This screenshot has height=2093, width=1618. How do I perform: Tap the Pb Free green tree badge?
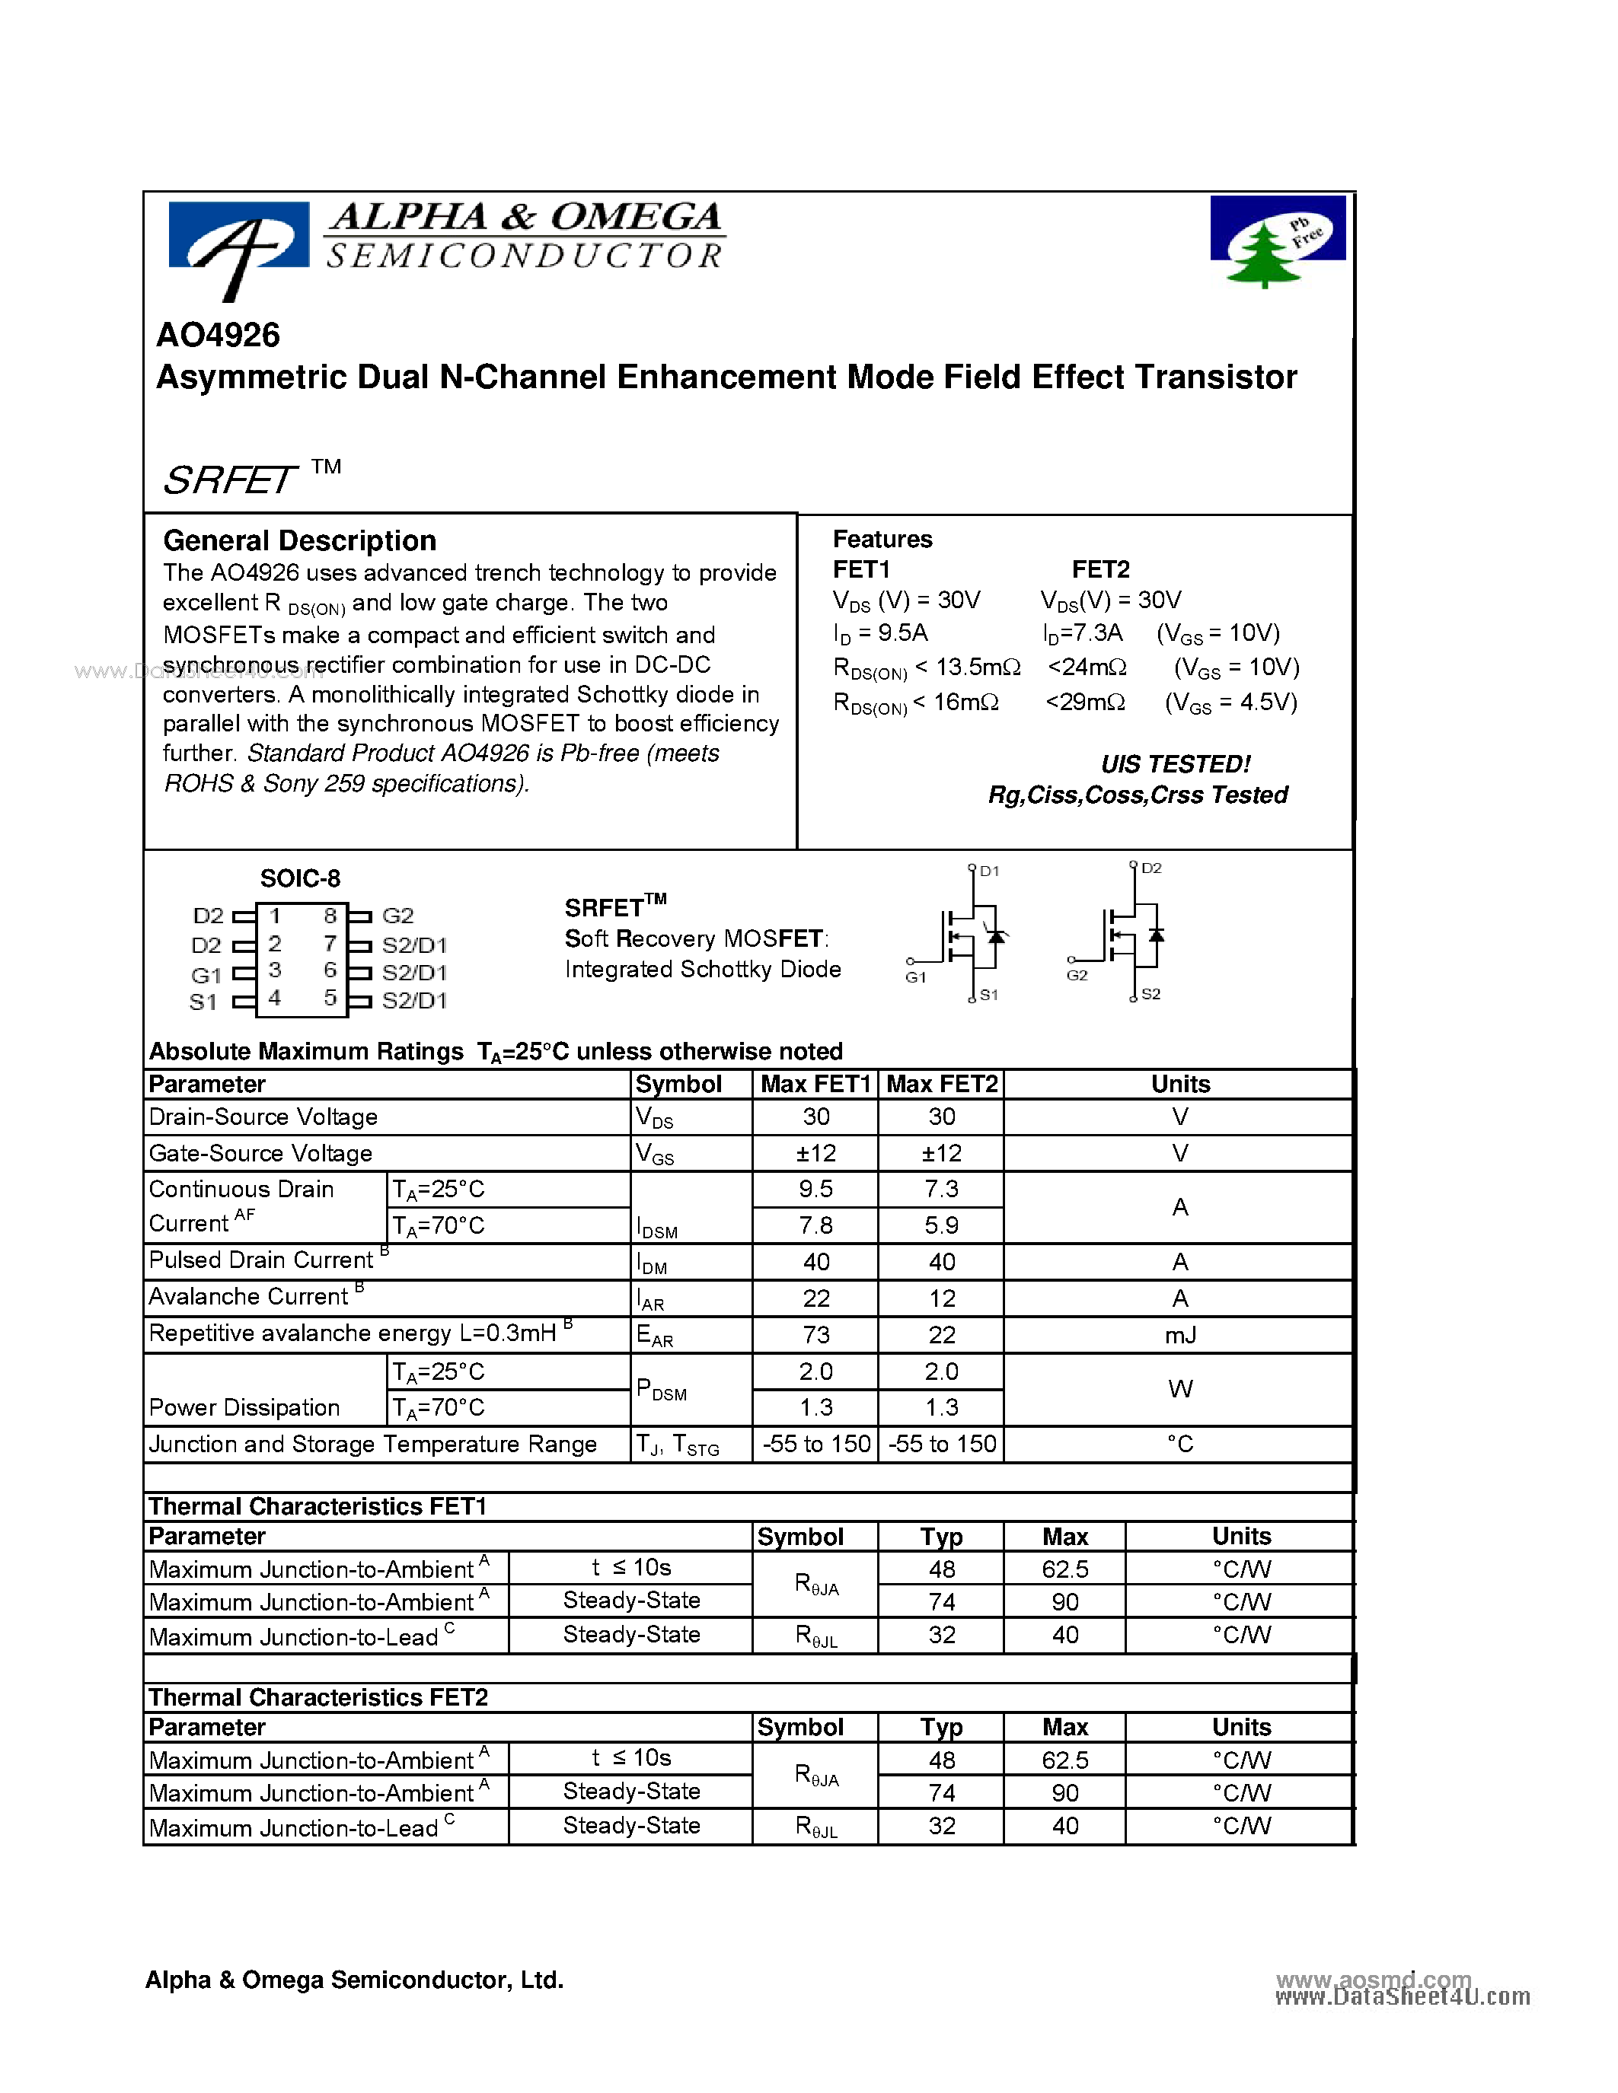click(1277, 241)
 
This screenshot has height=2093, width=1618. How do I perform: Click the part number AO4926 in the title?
click(218, 336)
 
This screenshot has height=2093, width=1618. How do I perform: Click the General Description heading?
click(299, 540)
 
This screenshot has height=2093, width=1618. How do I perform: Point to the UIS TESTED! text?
click(1175, 764)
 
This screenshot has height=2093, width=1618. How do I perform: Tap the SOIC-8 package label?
click(300, 878)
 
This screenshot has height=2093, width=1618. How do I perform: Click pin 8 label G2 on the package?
click(397, 915)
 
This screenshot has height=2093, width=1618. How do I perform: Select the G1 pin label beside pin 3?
click(206, 975)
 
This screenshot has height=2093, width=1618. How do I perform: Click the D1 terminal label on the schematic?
click(989, 871)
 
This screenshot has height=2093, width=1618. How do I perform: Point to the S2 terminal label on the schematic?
click(1150, 994)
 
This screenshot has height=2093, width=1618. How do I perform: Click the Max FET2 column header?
click(941, 1084)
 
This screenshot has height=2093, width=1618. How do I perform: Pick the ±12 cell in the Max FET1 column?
click(815, 1153)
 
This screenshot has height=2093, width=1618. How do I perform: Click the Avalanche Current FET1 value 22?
click(815, 1298)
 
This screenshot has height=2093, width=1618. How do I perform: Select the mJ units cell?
click(1180, 1335)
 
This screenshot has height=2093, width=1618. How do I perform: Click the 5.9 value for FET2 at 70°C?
click(941, 1225)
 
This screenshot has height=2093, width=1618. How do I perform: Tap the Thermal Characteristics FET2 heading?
click(318, 1697)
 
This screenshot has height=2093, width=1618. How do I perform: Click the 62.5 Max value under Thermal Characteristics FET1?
click(1065, 1569)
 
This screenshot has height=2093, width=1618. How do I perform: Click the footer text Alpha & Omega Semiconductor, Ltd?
click(354, 1980)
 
